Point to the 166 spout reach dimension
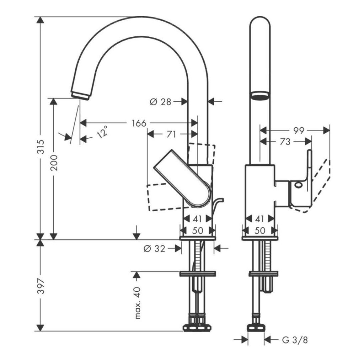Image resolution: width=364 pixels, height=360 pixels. click(x=139, y=123)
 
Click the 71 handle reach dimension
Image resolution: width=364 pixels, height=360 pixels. click(x=172, y=134)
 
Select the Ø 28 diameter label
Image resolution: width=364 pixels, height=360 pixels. click(x=160, y=102)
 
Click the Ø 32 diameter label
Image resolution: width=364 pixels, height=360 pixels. click(x=154, y=249)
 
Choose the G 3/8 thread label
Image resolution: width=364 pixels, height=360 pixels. click(x=295, y=340)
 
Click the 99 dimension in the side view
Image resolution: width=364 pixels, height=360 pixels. click(x=299, y=131)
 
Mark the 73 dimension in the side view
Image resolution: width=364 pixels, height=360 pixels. click(x=285, y=142)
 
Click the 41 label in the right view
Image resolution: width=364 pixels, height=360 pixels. click(x=260, y=218)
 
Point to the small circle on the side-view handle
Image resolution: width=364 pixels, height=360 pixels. click(x=298, y=184)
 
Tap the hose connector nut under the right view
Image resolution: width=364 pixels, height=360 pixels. click(x=256, y=327)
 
